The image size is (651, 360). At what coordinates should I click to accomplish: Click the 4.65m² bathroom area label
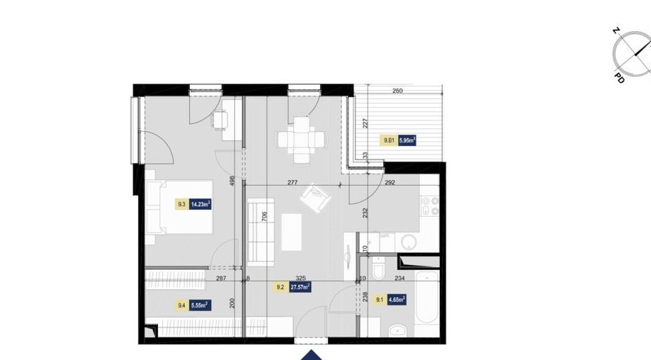(x=397, y=300)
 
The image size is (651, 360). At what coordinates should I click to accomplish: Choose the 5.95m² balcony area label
(x=407, y=140)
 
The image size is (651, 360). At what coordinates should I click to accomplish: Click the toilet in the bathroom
(x=378, y=271)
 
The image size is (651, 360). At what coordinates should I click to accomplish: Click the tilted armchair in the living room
(x=315, y=197)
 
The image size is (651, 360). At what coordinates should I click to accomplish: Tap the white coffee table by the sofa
(x=292, y=232)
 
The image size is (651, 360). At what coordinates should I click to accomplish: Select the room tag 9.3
(x=182, y=205)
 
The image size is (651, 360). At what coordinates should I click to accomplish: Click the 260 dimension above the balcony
(x=397, y=91)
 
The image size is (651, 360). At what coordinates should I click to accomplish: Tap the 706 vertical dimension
(x=264, y=216)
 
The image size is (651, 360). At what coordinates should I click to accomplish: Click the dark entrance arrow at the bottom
(x=310, y=354)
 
